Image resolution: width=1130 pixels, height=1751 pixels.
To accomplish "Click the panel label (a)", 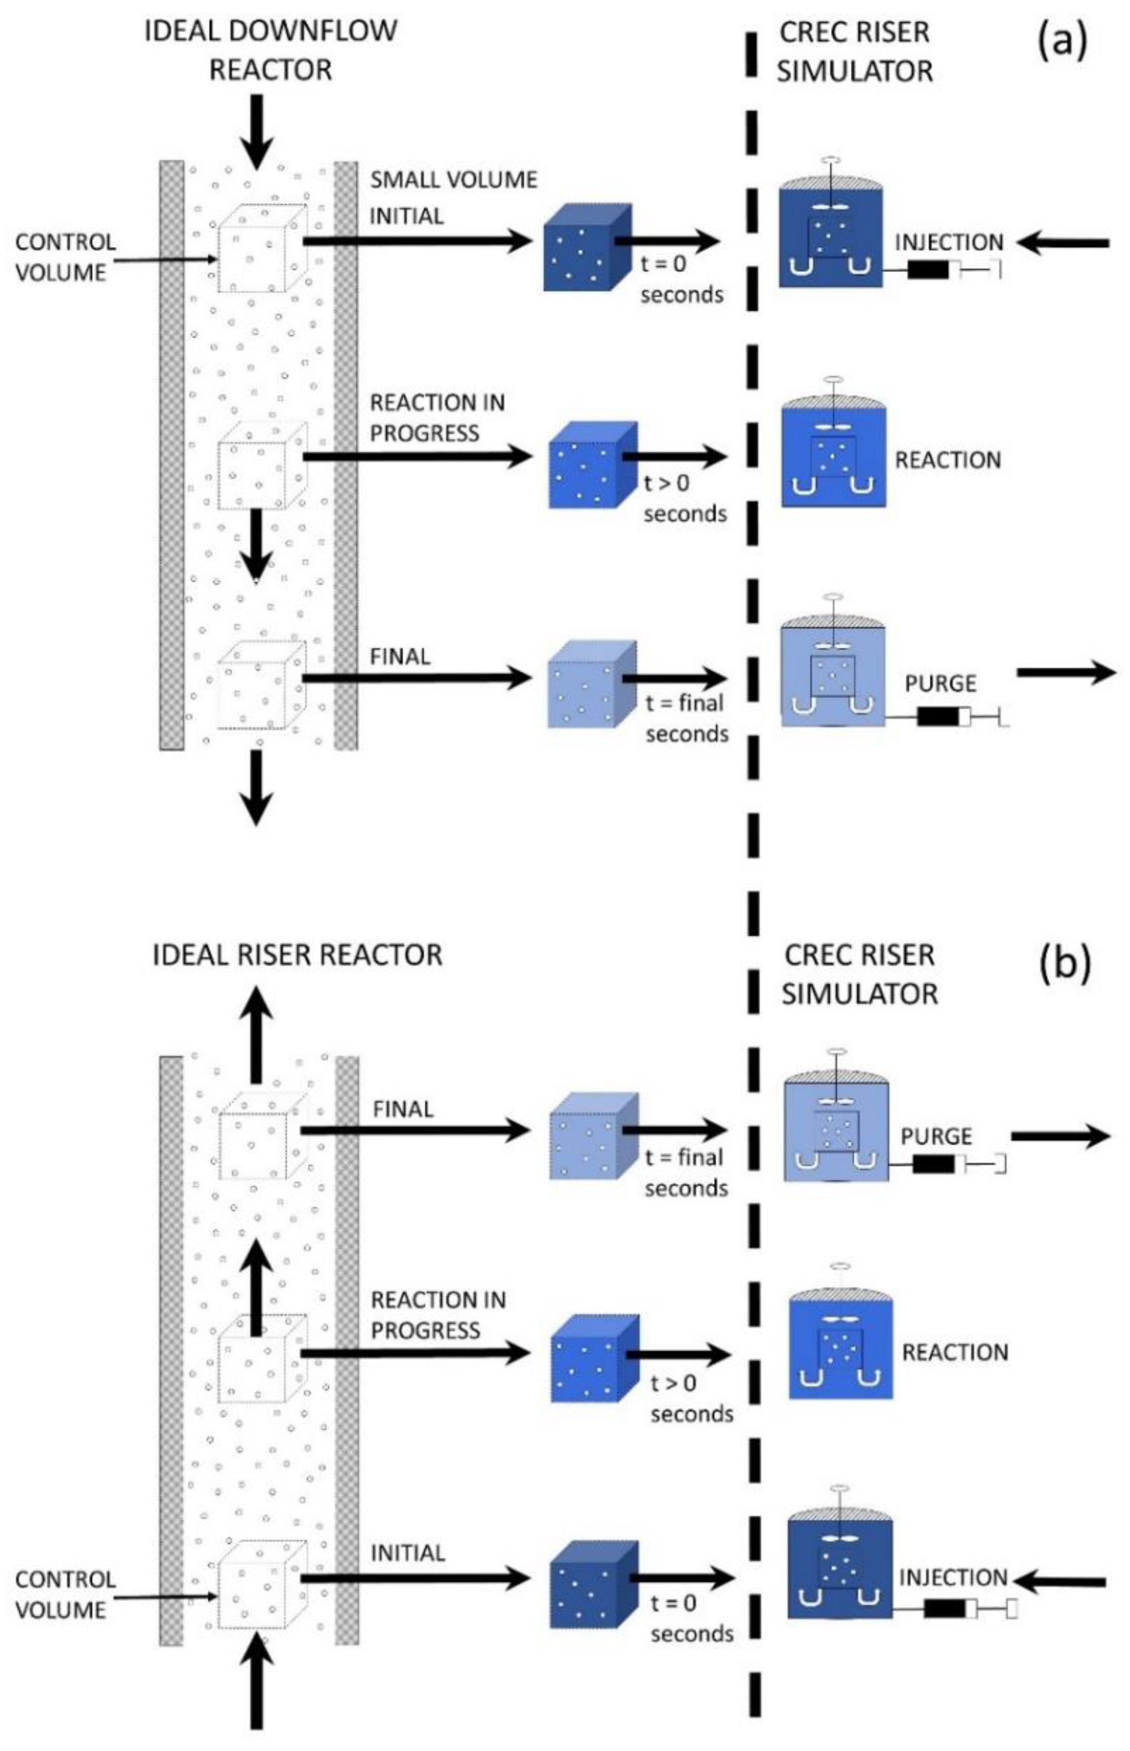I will coord(1060,43).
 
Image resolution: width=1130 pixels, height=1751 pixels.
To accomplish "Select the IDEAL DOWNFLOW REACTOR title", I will coord(271,50).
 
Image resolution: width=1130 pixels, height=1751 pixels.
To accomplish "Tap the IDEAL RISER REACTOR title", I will coord(297,955).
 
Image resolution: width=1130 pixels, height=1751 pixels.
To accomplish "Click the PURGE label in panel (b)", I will coord(936,1137).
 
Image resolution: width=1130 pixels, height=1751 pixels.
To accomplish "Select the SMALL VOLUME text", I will coord(453,180).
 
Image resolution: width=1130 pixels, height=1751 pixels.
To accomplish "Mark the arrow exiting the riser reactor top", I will coord(256,1033).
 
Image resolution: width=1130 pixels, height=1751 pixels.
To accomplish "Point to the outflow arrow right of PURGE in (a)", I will coord(1066,671).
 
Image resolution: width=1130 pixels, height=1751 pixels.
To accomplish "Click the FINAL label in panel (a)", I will coord(400,656).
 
